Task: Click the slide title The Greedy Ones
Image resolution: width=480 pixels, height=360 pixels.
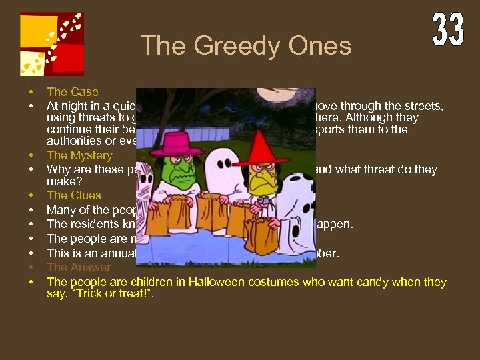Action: tap(246, 46)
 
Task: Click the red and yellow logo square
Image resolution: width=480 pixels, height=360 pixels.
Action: tap(52, 44)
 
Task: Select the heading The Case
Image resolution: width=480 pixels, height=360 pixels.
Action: tap(72, 92)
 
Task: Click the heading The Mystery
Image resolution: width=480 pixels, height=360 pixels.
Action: tap(79, 156)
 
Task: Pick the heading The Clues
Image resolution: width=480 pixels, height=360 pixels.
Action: tap(73, 195)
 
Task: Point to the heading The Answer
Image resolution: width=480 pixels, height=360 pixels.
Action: tap(78, 267)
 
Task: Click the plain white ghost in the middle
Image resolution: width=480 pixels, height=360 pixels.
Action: tap(220, 170)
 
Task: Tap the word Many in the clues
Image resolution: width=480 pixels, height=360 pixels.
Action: tap(60, 210)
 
